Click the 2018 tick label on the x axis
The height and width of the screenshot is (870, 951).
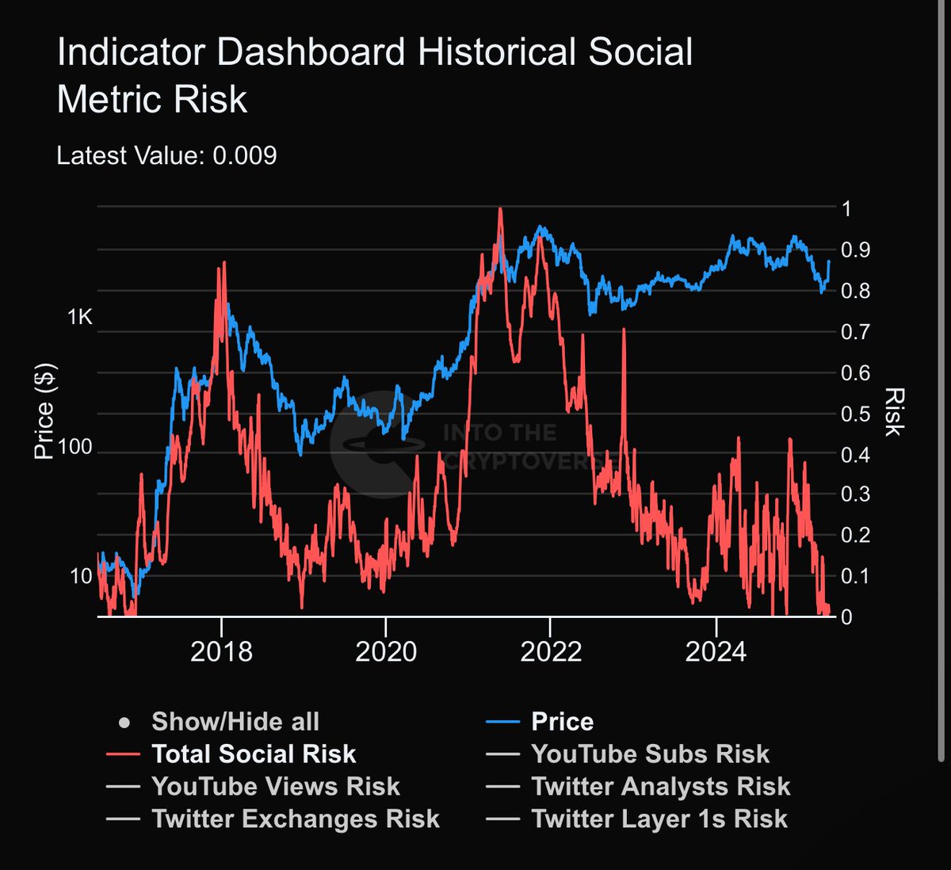[x=222, y=651]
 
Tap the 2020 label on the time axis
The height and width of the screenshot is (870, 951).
[x=386, y=651]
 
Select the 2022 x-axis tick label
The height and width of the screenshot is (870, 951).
[x=551, y=651]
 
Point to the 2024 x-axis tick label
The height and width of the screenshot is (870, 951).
[x=716, y=651]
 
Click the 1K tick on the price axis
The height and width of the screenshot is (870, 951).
[x=79, y=318]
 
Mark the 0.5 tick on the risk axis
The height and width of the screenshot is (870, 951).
[x=854, y=414]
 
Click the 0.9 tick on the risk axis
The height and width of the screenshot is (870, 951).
[x=854, y=250]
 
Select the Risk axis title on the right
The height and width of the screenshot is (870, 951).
[x=893, y=411]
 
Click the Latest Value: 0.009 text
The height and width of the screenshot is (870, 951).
[x=166, y=155]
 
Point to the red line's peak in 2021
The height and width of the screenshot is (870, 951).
[x=500, y=210]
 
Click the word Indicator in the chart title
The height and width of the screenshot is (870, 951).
[x=131, y=53]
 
